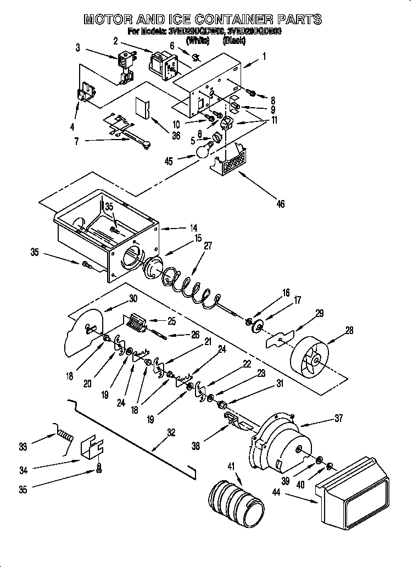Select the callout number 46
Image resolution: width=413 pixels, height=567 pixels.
[280, 204]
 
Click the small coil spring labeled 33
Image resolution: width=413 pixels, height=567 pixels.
[65, 436]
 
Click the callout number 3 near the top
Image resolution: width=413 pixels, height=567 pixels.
[78, 48]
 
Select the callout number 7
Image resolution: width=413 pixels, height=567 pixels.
[76, 141]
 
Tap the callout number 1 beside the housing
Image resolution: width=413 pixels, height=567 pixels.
[264, 55]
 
